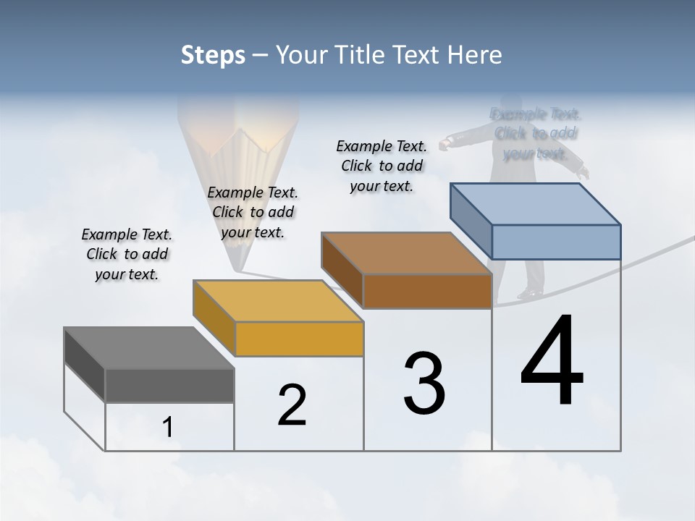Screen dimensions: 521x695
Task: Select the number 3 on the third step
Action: [x=424, y=384]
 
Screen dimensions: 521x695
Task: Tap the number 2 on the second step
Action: [x=292, y=405]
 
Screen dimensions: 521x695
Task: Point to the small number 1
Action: [x=168, y=428]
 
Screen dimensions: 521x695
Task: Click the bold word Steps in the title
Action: [x=213, y=55]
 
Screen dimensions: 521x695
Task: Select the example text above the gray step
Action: [x=127, y=254]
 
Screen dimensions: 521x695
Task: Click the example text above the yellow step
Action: [x=253, y=212]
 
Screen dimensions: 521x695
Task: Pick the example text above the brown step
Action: [x=382, y=166]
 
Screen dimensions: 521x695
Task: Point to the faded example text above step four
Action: [x=535, y=133]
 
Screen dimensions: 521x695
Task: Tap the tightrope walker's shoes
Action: [x=529, y=294]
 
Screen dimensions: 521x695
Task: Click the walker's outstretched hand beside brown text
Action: [x=443, y=144]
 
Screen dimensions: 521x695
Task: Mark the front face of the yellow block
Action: [x=299, y=339]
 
